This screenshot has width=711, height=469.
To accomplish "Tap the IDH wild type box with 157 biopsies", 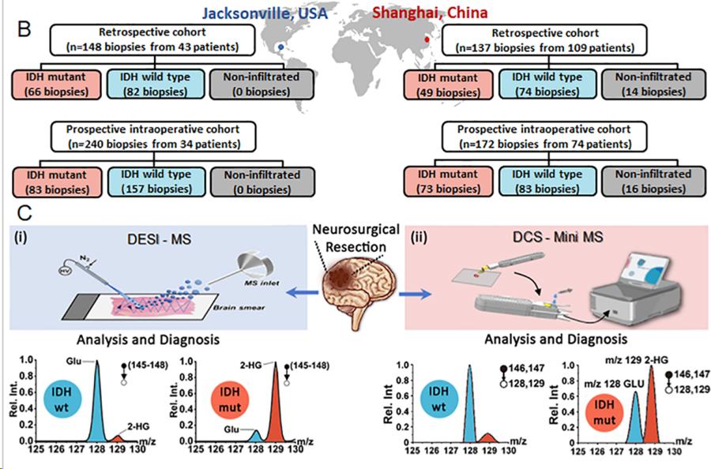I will [x=152, y=181].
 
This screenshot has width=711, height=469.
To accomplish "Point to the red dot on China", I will [x=427, y=38].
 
